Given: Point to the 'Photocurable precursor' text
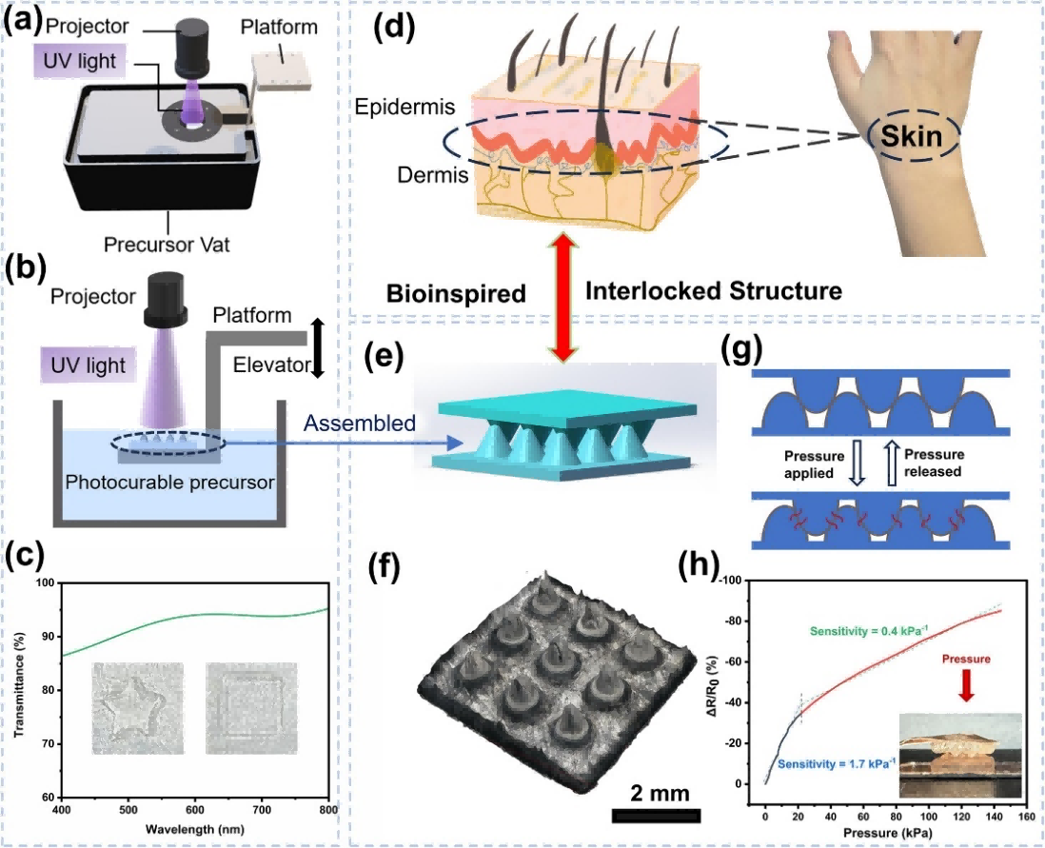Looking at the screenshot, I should (170, 481).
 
